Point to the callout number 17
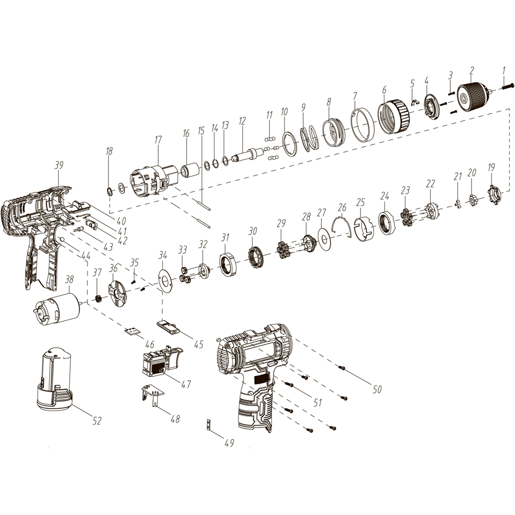pos(158,140)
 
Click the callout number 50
pos(377,389)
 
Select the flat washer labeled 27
pos(325,239)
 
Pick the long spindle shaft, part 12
pos(248,155)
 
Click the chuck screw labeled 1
pos(507,87)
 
